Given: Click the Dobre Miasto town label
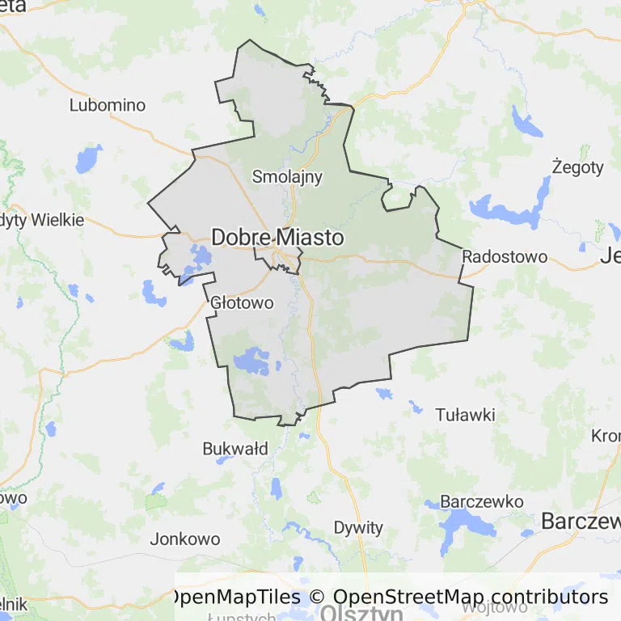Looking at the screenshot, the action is click(277, 238).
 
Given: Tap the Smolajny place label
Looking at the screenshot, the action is click(287, 176).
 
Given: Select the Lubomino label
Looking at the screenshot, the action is click(108, 105).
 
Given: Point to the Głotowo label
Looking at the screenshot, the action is click(242, 303).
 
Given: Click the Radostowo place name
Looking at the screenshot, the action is click(505, 257).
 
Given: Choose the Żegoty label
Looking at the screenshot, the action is click(577, 167).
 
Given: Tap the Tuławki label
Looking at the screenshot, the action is click(465, 415).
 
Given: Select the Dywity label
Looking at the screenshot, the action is click(358, 528).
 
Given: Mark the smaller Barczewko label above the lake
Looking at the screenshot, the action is click(481, 501).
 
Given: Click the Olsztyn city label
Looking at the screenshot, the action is click(361, 614).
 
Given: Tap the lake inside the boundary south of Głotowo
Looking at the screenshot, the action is click(252, 360).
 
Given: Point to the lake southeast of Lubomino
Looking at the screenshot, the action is click(89, 158).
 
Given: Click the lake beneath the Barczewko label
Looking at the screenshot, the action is click(461, 530).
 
